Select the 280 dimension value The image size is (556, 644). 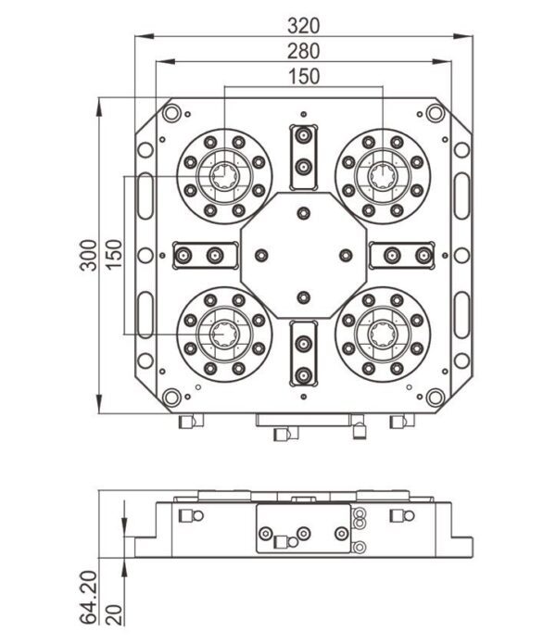pyautogui.click(x=303, y=51)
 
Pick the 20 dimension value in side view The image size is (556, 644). pyautogui.click(x=115, y=613)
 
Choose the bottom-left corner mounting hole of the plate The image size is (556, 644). pyautogui.click(x=171, y=398)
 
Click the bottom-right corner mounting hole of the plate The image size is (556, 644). pyautogui.click(x=435, y=398)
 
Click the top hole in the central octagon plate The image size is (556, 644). pyautogui.click(x=303, y=212)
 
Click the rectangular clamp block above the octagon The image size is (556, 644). pyautogui.click(x=303, y=152)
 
